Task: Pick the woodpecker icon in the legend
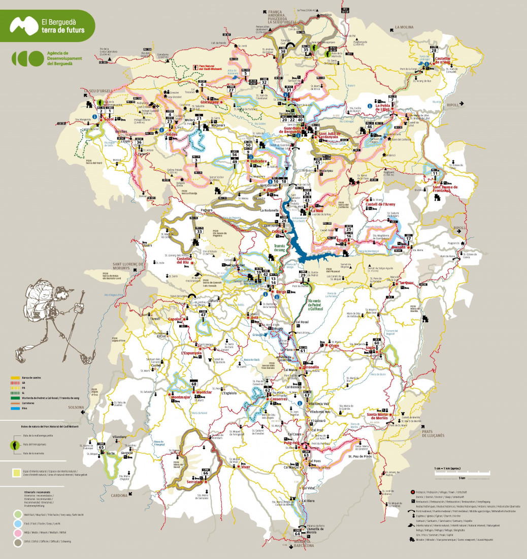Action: pyautogui.click(x=17, y=445)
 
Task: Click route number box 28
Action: pyautogui.click(x=434, y=49)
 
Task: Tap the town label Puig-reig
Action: pyautogui.click(x=290, y=443)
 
